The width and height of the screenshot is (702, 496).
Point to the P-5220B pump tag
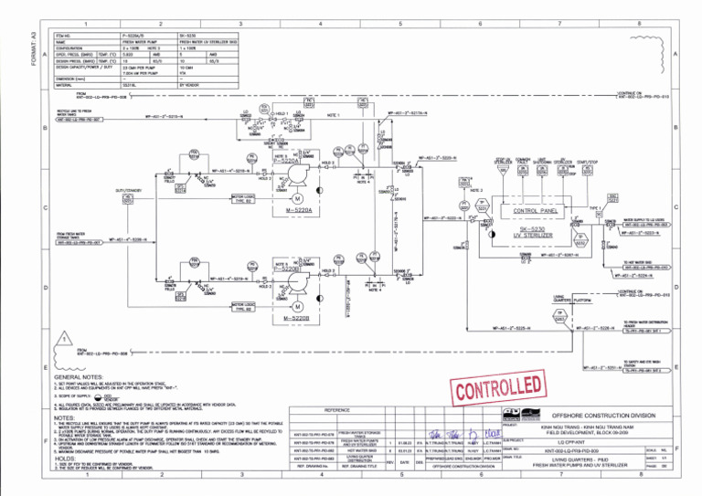[289, 269]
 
